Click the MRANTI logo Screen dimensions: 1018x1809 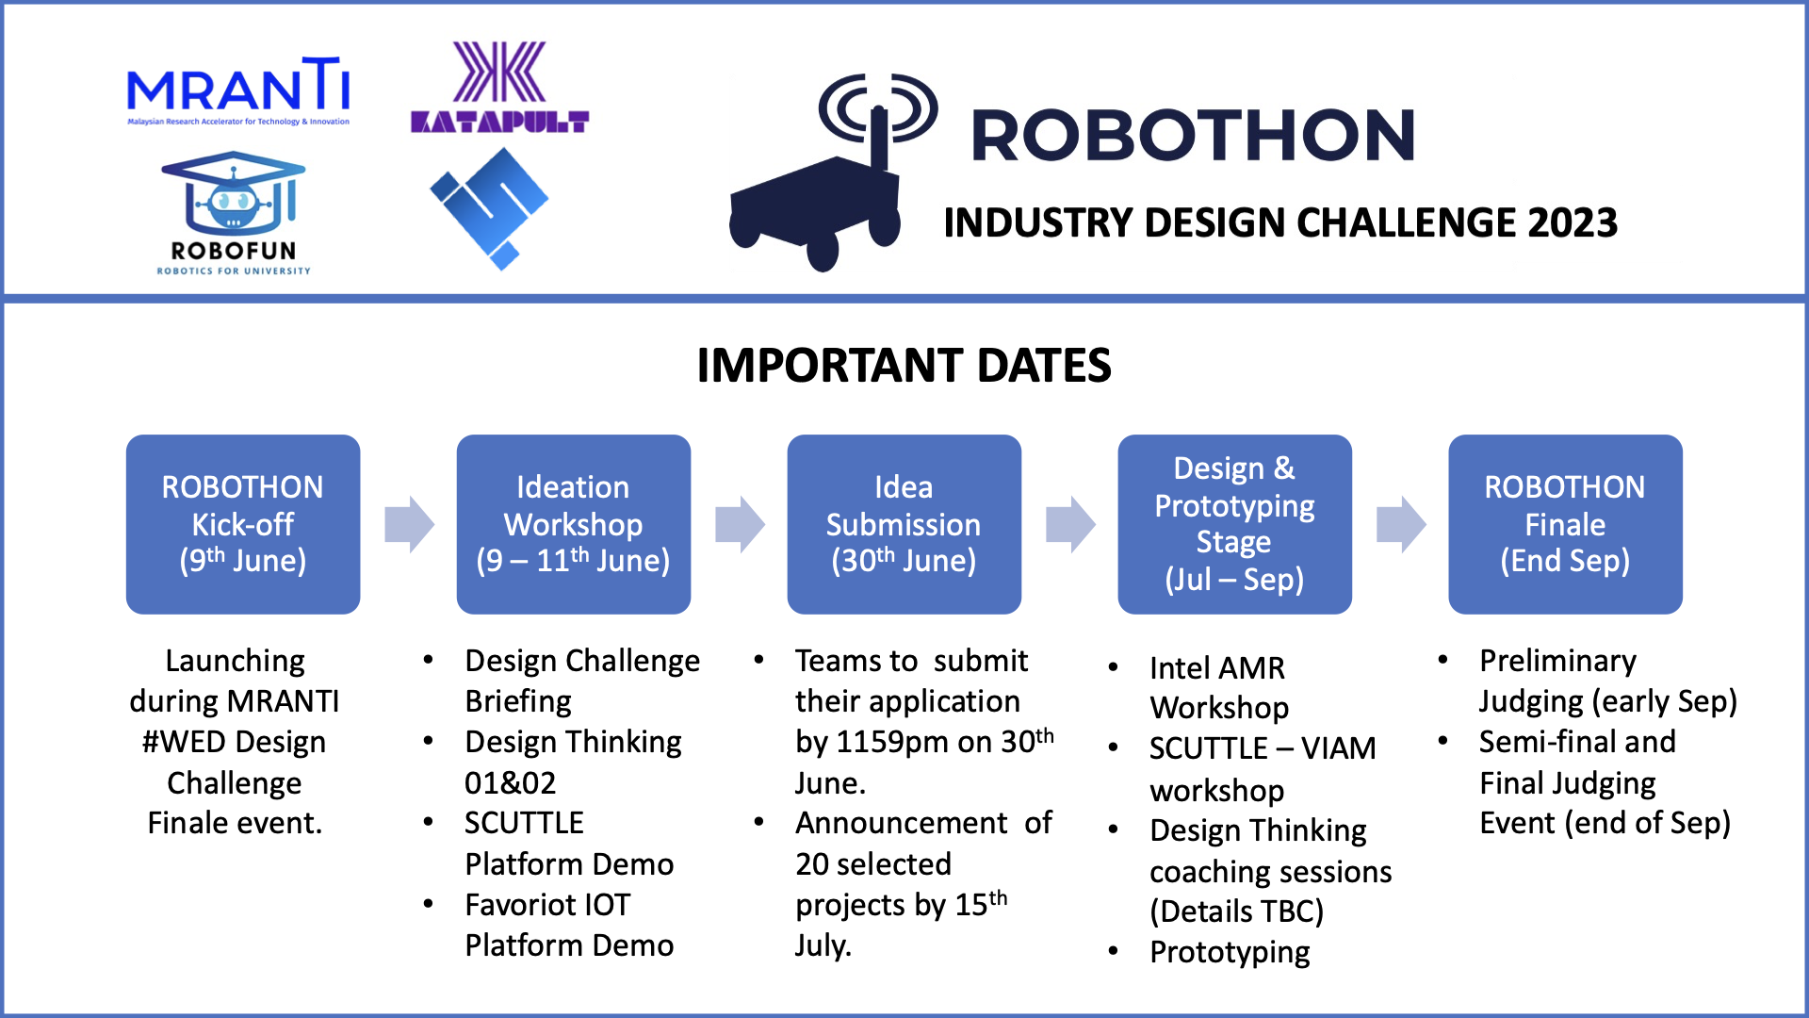click(x=237, y=90)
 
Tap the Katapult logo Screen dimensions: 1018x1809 click(x=499, y=87)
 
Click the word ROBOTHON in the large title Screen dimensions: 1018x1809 click(x=1193, y=135)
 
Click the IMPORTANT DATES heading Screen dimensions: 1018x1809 click(x=904, y=366)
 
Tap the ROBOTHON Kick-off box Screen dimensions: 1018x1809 click(x=243, y=524)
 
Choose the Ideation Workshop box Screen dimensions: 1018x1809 click(x=573, y=524)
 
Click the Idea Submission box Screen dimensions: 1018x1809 click(x=904, y=524)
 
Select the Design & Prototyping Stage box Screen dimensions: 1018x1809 click(x=1234, y=524)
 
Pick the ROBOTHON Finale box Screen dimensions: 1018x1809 click(x=1565, y=524)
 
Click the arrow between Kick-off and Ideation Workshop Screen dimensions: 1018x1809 click(x=409, y=524)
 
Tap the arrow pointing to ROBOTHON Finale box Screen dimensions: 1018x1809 click(x=1401, y=524)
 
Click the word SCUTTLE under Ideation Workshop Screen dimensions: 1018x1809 click(x=524, y=823)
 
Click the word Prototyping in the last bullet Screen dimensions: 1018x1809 click(x=1230, y=953)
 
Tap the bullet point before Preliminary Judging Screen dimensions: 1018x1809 click(x=1442, y=660)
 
